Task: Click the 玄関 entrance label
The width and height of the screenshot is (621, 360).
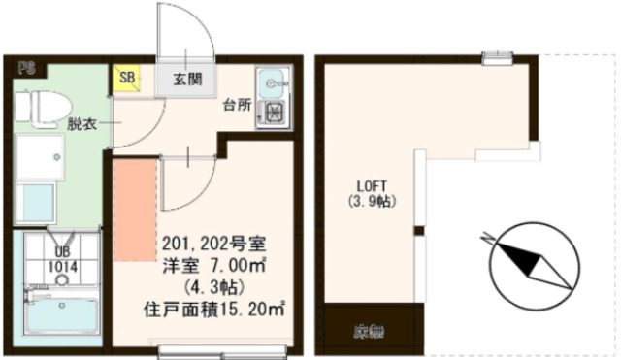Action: (187, 80)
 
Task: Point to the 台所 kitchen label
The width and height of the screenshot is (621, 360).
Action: (236, 105)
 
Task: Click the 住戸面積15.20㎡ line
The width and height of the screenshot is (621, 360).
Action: (213, 311)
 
